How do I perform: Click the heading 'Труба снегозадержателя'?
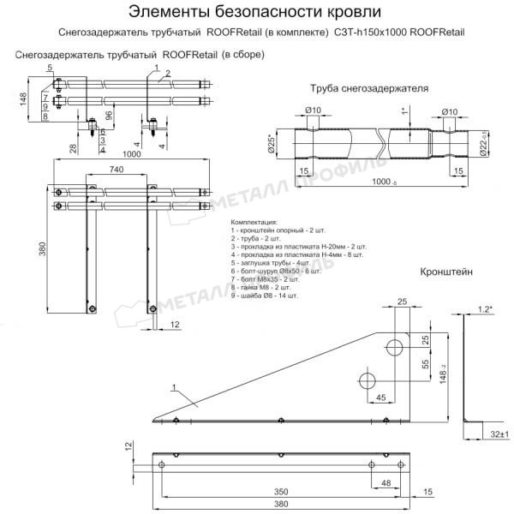368,88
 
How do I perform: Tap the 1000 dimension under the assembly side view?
132,154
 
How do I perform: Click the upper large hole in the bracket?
395,347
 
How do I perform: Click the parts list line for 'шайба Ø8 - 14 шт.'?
265,295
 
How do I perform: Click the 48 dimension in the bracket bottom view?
387,484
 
